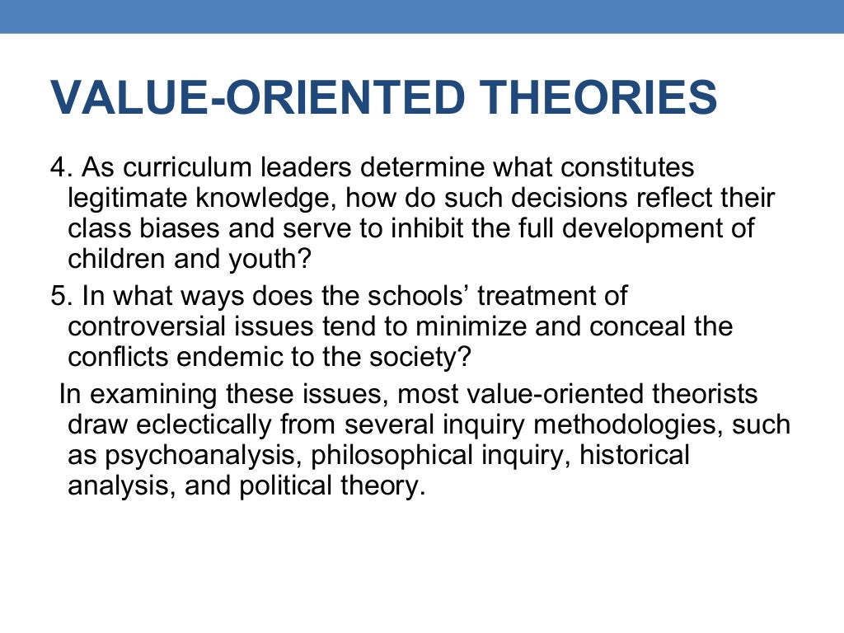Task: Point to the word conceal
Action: [x=640, y=326]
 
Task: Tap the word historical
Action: [x=635, y=456]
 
